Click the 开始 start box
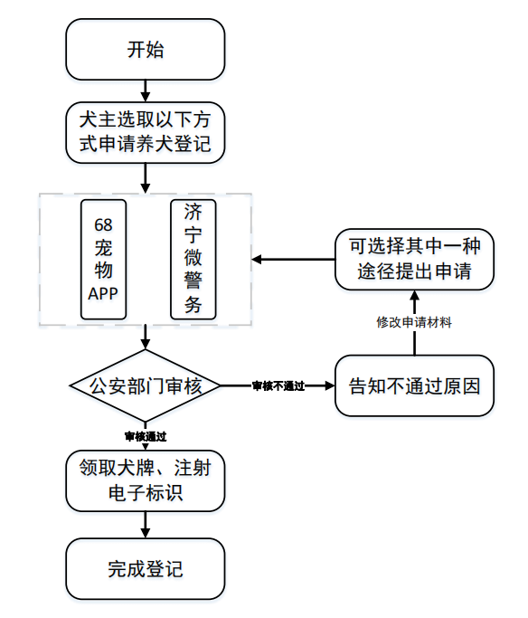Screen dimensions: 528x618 coord(146,49)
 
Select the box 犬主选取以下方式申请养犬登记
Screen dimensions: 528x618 coord(146,132)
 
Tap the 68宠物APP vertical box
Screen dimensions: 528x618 coord(104,260)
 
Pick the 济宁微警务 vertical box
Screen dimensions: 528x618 coord(193,260)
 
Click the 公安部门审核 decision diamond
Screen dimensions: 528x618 coord(146,385)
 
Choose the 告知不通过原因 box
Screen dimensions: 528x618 coord(415,385)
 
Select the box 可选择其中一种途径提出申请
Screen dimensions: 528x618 coord(415,260)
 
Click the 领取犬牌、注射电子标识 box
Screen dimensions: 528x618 coord(146,480)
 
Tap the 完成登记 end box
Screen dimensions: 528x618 coord(146,569)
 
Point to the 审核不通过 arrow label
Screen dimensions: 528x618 coord(278,386)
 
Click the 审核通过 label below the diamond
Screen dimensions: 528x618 coord(146,436)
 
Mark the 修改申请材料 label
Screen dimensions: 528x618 coord(414,322)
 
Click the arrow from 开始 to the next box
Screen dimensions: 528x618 coord(146,91)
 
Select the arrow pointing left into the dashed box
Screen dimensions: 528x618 coord(293,260)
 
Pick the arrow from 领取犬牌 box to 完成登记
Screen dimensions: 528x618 coord(146,525)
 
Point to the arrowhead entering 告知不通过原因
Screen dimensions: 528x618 coord(330,385)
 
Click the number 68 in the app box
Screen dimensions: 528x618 coord(103,225)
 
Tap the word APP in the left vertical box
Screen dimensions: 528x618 coord(103,294)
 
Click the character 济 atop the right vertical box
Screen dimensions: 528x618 coord(193,212)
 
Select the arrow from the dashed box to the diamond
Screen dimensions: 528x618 coord(146,338)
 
